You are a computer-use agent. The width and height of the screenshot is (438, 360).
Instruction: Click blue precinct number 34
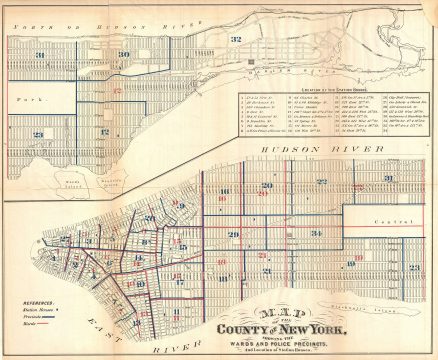tap(315, 233)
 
